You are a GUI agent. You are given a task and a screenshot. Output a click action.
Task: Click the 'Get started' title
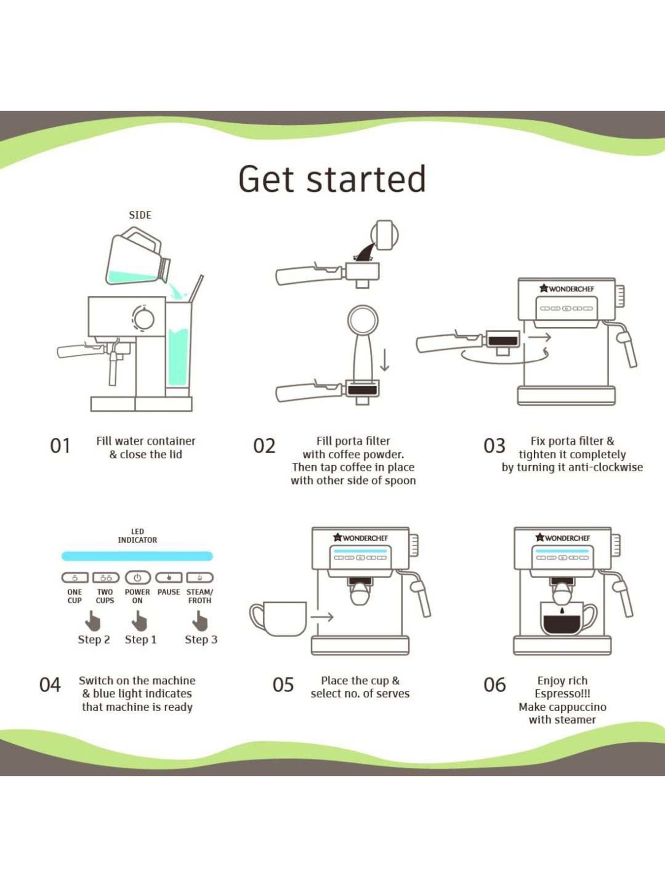332,179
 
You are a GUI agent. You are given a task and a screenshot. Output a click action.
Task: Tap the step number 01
60,446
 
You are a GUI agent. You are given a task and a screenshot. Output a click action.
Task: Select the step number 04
50,685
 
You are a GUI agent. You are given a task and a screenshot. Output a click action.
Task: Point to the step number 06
494,685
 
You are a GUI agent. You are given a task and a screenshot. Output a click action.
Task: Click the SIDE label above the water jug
140,215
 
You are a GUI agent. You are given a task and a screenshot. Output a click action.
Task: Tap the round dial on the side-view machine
144,318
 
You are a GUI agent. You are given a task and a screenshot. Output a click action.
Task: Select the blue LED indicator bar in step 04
137,556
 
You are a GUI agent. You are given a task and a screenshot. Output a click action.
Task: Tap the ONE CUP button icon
74,577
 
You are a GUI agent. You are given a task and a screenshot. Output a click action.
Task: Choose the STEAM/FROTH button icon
200,577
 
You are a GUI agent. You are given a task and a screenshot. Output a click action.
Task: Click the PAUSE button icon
168,577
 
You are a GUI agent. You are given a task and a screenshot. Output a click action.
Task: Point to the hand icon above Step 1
140,621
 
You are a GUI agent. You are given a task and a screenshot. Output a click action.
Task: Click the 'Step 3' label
201,640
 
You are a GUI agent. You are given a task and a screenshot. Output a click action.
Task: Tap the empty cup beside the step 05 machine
278,618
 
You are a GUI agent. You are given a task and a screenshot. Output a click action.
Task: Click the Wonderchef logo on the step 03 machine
567,289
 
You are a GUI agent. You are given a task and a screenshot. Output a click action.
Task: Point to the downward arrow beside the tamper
385,360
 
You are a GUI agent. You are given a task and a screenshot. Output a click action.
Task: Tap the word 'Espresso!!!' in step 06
562,694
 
